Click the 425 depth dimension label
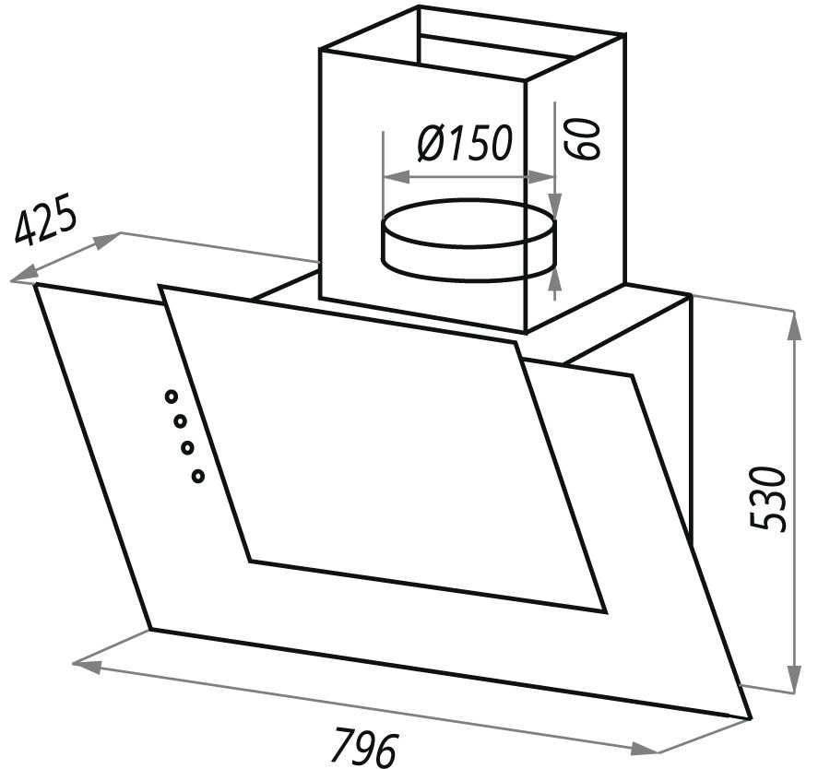coord(45,219)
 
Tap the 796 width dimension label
coord(367,747)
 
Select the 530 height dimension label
coord(769,498)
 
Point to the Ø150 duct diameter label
coord(466,142)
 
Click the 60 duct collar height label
coord(582,138)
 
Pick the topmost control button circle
coord(171,396)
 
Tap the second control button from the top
coord(180,421)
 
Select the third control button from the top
coord(188,448)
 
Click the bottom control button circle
coord(198,476)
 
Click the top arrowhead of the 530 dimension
coord(793,325)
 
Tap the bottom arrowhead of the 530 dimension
coord(793,679)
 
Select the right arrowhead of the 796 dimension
coord(644,747)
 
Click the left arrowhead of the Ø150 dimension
coord(396,177)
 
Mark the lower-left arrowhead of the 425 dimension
coord(24,274)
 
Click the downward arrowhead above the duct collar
coord(555,204)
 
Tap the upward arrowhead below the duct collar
coord(555,284)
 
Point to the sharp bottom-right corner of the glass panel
coord(751,718)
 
